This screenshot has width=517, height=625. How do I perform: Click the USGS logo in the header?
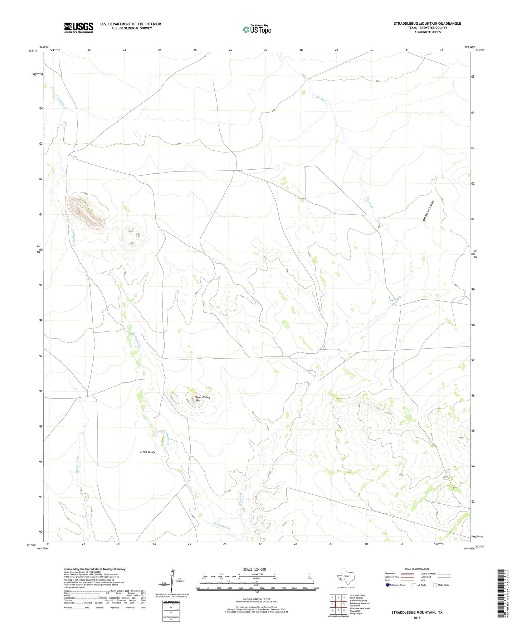coord(79,28)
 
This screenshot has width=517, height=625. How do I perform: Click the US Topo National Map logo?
coord(257,29)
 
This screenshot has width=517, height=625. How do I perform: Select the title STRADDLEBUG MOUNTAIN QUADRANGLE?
coord(427,24)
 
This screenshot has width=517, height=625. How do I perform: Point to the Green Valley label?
coord(147,452)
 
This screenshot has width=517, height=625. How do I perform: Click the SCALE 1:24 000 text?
coord(254,570)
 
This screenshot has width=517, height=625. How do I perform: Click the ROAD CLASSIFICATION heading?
coord(417,569)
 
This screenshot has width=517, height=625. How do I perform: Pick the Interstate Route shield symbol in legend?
coord(388,585)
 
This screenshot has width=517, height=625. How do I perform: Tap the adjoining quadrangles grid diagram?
coord(338,604)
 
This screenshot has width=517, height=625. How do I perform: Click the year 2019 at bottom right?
coord(417,617)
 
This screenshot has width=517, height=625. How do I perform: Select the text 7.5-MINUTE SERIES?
coord(427,32)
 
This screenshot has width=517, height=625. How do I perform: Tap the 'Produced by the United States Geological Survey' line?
coord(94,569)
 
